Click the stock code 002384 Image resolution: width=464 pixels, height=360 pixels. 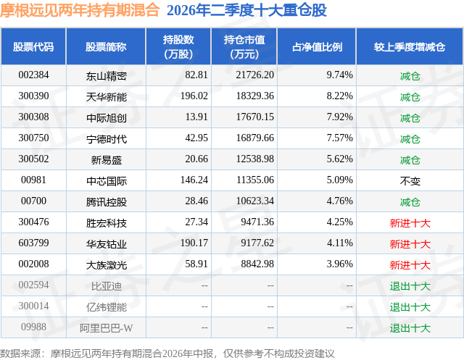[33, 75]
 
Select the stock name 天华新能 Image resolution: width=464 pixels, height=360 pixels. [107, 97]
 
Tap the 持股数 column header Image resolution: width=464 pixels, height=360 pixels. [178, 46]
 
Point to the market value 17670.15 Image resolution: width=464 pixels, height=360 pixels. [254, 117]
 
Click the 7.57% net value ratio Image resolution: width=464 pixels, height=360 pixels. [339, 138]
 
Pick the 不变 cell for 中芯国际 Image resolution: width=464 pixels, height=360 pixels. [410, 181]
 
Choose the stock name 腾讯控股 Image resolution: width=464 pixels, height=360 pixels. [107, 202]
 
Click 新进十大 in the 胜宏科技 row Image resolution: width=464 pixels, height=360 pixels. [410, 223]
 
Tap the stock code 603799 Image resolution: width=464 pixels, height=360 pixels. [33, 243]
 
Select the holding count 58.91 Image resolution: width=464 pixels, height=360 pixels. [196, 264]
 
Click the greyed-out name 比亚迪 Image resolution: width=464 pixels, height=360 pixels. [107, 286]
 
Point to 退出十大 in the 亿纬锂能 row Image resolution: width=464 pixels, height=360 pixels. [410, 307]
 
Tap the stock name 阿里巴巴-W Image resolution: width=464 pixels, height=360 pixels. [107, 328]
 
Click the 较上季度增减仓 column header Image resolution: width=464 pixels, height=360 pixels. [410, 46]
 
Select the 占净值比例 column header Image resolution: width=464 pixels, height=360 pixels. [317, 46]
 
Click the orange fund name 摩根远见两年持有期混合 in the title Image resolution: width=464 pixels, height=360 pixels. [80, 10]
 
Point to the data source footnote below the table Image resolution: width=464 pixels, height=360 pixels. [167, 353]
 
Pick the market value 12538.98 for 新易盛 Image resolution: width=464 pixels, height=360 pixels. [254, 159]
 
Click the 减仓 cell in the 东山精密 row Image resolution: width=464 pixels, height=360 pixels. [410, 76]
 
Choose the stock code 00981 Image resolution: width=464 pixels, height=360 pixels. [33, 180]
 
